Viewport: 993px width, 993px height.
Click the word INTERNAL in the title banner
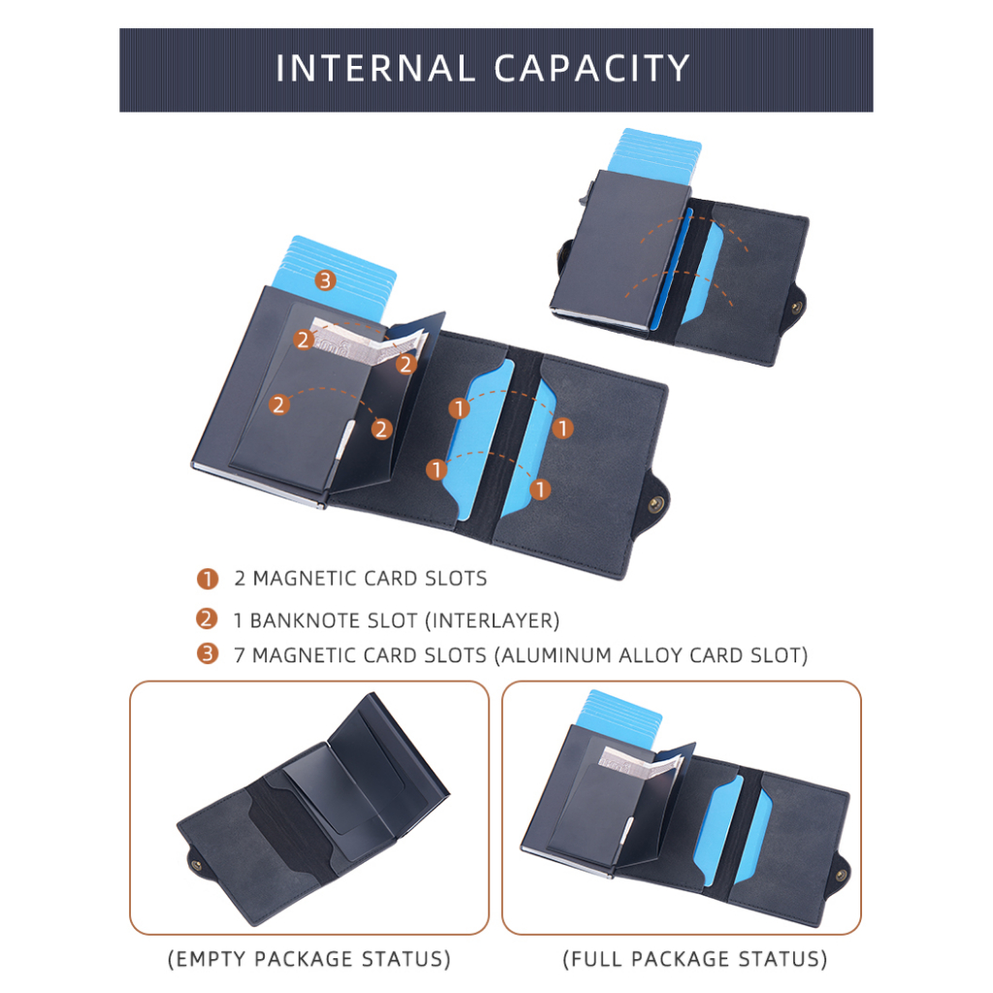point(375,68)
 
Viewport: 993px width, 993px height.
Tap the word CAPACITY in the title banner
point(592,68)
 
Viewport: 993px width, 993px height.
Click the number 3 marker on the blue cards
point(325,280)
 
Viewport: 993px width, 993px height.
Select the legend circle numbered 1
point(208,578)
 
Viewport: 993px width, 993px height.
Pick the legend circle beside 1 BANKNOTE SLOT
point(208,619)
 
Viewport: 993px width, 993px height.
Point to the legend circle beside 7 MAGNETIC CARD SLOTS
point(208,654)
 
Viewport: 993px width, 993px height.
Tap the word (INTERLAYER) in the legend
point(492,621)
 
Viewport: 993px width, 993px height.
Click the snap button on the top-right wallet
point(797,307)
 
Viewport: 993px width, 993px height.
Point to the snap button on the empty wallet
point(196,864)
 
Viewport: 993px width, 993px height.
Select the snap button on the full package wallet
point(841,876)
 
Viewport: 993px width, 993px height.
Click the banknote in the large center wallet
point(368,345)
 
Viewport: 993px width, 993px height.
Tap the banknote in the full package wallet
point(640,762)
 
